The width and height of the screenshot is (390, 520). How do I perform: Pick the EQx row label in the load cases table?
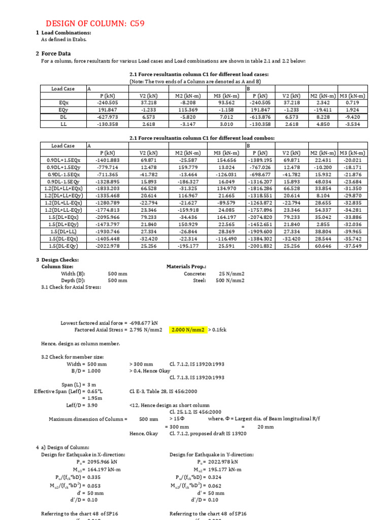63,102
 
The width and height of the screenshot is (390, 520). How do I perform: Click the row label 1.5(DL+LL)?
63,231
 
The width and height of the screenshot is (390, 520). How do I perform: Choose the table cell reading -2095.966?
107,217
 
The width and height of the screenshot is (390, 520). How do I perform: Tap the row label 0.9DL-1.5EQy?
63,181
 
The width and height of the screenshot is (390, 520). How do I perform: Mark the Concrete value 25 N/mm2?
231,273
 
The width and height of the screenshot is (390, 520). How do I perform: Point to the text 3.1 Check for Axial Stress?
71,287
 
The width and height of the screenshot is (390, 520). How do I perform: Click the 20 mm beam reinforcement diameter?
266,427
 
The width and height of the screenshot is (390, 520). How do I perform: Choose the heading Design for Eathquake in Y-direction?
212,454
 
